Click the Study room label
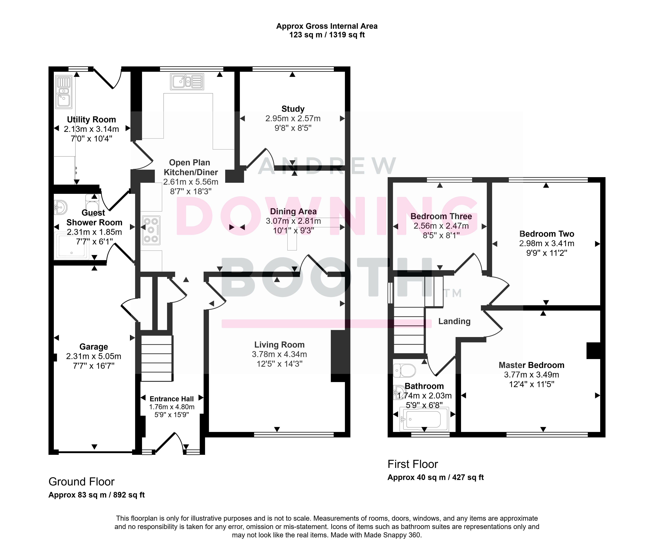[x=293, y=109]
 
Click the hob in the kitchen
[x=151, y=230]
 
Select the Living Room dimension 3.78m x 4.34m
[x=280, y=354]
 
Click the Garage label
[x=94, y=347]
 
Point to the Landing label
[x=454, y=321]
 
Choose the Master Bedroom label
[x=531, y=365]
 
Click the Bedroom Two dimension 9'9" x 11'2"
[x=547, y=253]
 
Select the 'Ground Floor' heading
[x=81, y=482]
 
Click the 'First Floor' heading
[x=413, y=464]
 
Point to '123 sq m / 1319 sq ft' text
[x=327, y=35]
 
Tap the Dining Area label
[x=293, y=211]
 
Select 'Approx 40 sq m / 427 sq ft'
[x=436, y=477]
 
